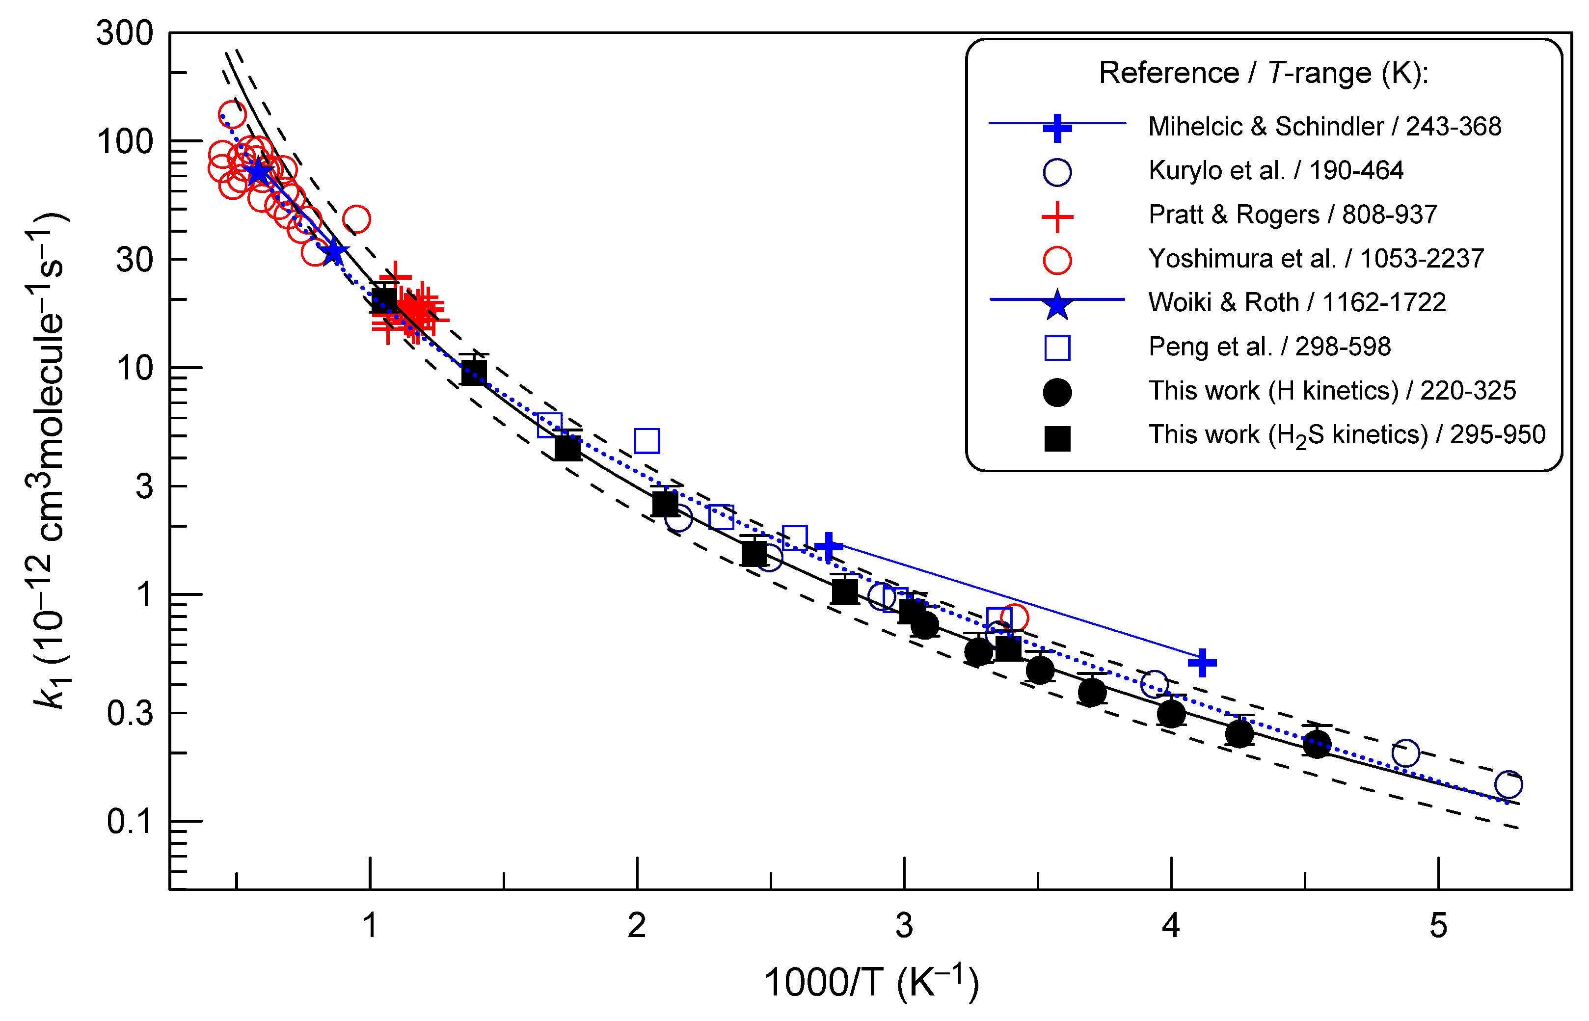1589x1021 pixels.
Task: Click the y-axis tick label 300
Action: pos(125,33)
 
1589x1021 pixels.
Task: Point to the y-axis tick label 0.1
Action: pos(130,822)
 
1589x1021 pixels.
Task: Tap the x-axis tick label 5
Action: pos(1438,926)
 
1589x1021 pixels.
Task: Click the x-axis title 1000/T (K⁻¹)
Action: pos(871,983)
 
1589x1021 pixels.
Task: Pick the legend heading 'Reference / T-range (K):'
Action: pos(1264,73)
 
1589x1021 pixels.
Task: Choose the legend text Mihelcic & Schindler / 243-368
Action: pos(1324,127)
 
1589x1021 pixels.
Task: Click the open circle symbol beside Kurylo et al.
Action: pos(1057,172)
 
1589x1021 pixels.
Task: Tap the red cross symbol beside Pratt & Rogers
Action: pos(1057,217)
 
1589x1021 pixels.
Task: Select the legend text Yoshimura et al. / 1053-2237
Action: pos(1316,259)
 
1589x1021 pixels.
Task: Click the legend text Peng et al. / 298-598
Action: pos(1269,347)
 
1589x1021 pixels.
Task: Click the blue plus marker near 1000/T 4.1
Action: pos(1202,662)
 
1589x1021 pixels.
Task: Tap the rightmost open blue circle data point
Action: pos(1508,785)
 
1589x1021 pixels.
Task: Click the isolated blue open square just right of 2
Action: pos(647,441)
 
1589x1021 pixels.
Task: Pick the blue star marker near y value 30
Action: pos(333,252)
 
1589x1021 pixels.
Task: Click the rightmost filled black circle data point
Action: pos(1317,744)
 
